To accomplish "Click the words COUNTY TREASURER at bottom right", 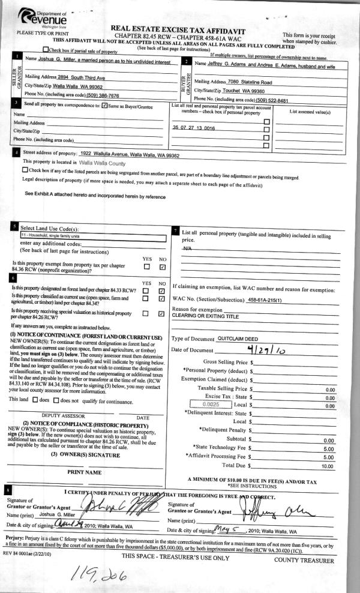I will pyautogui.click(x=304, y=560).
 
